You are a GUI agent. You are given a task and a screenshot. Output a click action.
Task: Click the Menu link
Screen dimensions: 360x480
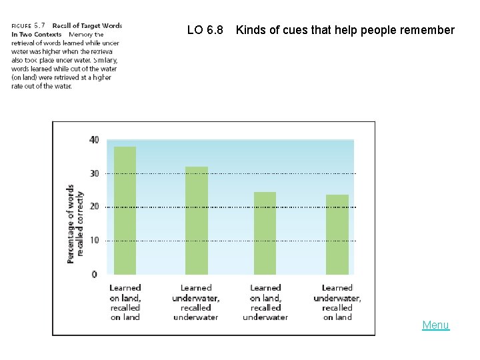[435, 325]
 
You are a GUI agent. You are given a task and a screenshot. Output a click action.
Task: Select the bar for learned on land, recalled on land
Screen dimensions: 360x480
[125, 210]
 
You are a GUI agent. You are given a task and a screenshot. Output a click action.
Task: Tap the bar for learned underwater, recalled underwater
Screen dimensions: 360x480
[196, 220]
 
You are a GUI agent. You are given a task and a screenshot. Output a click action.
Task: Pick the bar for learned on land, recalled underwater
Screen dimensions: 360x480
[265, 233]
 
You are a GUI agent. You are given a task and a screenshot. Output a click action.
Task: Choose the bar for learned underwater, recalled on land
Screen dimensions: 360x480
[337, 234]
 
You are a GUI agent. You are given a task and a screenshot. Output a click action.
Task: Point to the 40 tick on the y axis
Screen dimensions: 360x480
[93, 140]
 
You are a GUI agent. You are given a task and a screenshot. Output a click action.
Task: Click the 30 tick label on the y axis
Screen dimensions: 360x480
[93, 173]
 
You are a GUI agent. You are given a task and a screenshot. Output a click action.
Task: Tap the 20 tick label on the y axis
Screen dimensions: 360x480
[93, 207]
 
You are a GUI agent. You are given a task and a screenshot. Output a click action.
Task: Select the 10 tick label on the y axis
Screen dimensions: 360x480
[93, 241]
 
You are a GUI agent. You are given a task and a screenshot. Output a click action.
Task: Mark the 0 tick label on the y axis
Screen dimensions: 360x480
[95, 274]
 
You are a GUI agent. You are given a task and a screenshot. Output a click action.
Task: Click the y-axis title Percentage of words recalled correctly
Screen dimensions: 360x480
[75, 223]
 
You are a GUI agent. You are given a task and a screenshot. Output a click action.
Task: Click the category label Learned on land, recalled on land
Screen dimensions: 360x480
[125, 303]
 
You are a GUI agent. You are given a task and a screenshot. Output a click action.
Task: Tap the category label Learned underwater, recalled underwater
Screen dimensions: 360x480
[195, 303]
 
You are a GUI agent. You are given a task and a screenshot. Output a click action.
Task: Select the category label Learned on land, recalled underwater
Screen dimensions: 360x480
[265, 303]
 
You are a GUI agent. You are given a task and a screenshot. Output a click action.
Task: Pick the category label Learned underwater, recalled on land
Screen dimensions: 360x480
[337, 303]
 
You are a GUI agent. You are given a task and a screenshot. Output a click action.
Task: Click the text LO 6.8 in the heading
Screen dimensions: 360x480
[205, 30]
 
